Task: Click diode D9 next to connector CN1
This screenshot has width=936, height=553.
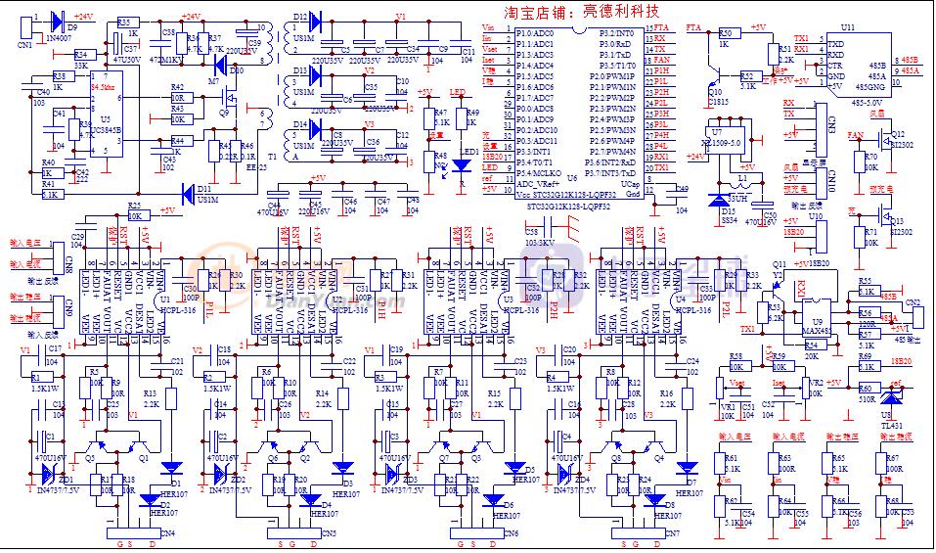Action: point(56,20)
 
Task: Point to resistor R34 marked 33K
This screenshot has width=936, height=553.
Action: point(82,55)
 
